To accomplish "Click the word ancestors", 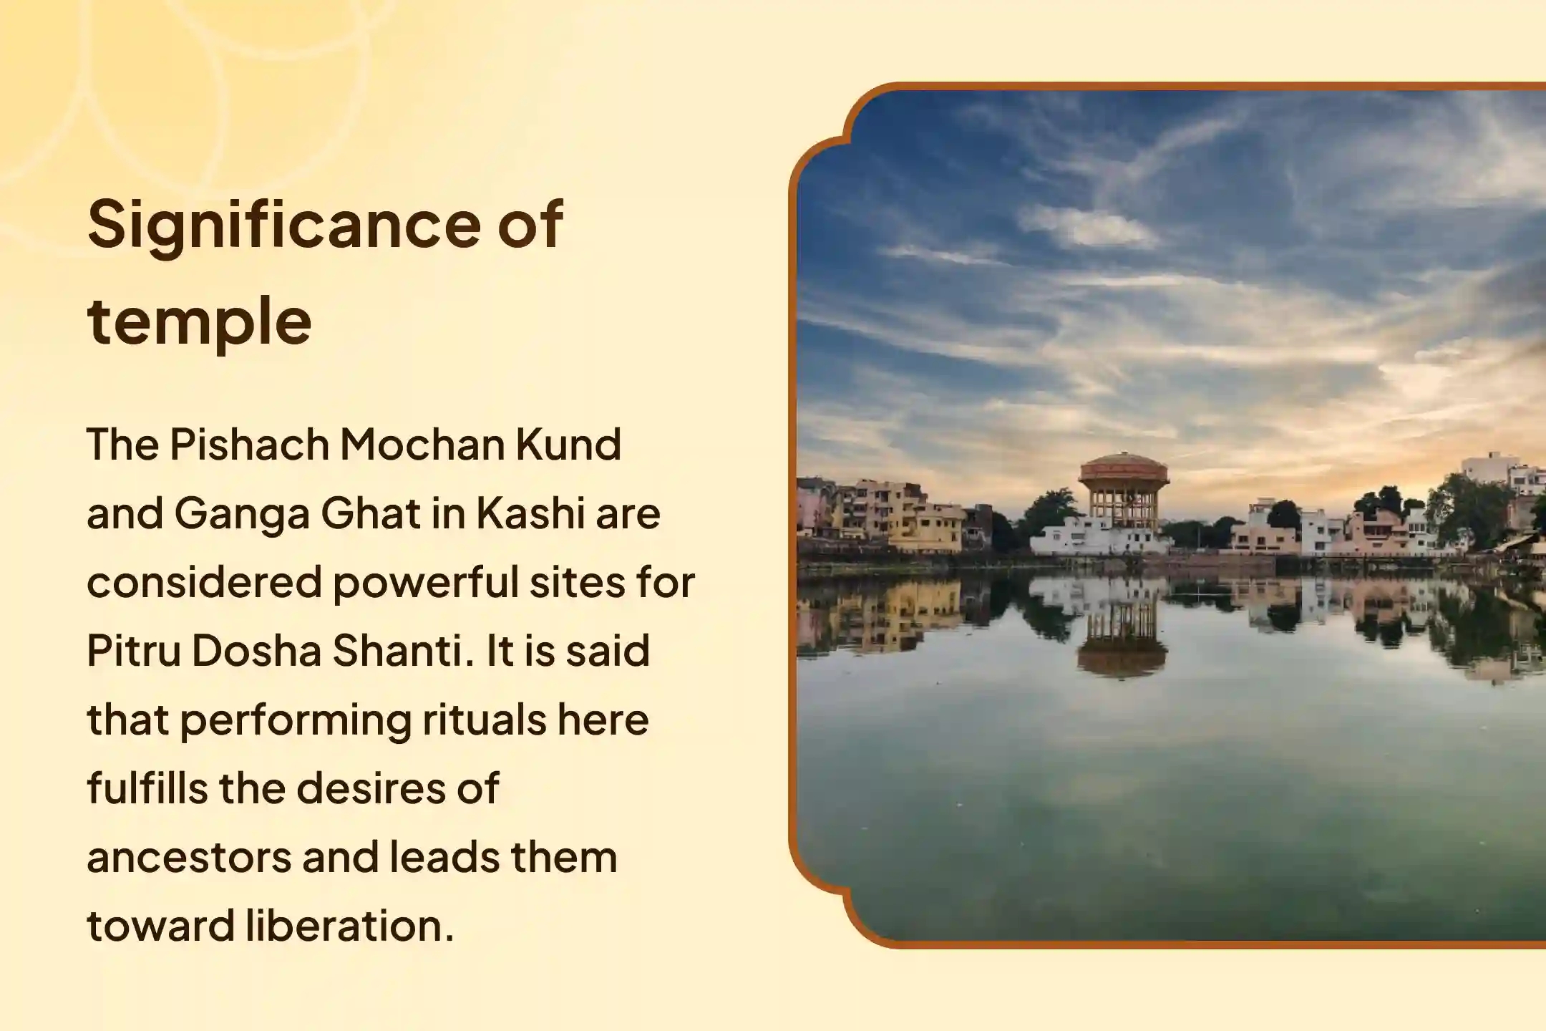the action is [x=190, y=858].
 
